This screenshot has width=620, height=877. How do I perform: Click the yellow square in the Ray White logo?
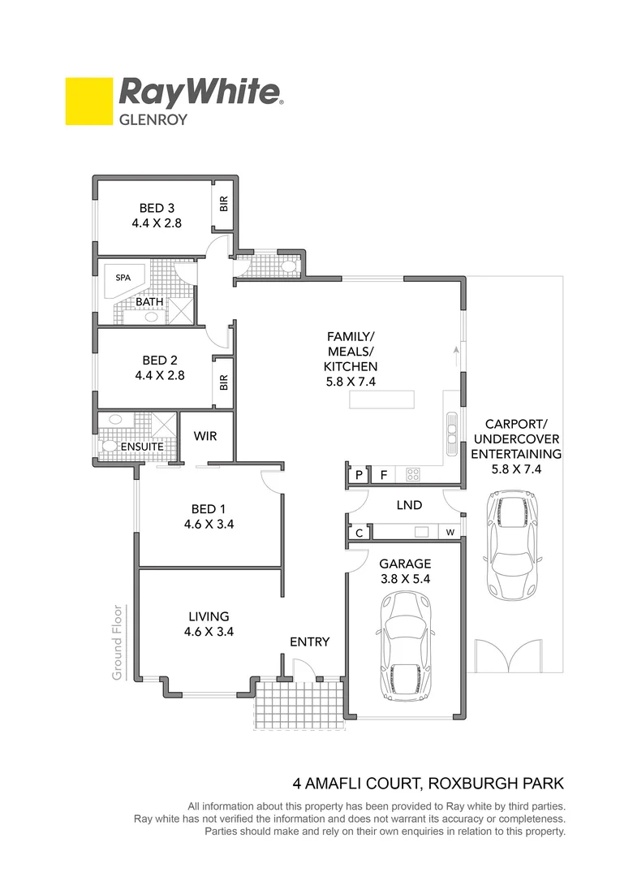(88, 101)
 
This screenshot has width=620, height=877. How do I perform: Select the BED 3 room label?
(157, 208)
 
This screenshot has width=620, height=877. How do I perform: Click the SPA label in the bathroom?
(123, 278)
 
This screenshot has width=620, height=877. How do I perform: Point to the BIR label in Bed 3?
(224, 204)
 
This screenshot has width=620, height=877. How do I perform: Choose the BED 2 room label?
(159, 360)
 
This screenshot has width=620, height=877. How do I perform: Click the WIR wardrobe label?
(205, 436)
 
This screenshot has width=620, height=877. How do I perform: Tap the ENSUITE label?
(143, 447)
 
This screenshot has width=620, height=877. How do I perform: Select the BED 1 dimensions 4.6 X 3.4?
(209, 525)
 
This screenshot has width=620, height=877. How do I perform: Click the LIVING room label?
(209, 616)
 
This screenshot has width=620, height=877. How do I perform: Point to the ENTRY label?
(310, 642)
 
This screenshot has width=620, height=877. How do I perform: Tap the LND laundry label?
(409, 505)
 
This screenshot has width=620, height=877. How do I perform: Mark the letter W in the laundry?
(450, 533)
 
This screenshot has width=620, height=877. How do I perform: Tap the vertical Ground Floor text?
(118, 642)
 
